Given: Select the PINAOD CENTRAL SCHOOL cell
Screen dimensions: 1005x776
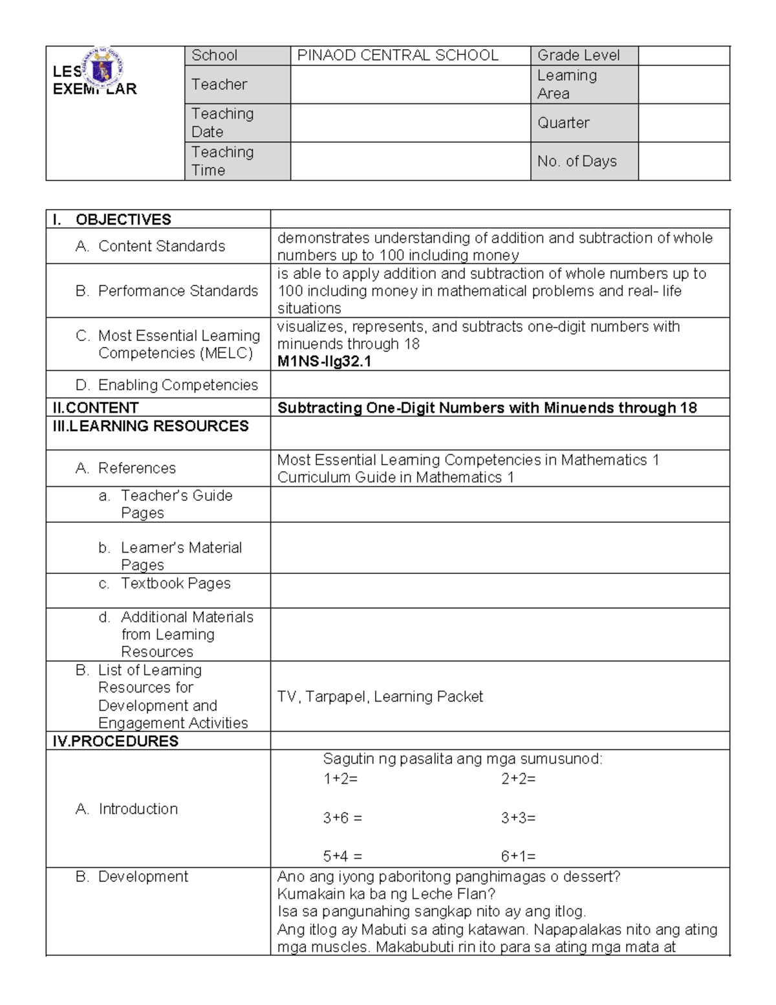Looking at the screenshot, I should coord(397,56).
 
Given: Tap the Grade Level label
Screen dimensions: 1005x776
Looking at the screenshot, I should coord(578,56).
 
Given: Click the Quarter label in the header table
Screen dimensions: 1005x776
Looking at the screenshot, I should coord(563,123).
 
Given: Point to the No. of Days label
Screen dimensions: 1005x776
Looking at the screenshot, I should coord(577,161).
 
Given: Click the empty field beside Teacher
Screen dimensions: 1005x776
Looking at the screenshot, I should coord(410,85).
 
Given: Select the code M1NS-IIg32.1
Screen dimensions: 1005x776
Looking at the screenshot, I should coord(324,362).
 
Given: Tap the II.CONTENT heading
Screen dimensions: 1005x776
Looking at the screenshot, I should coord(96,408).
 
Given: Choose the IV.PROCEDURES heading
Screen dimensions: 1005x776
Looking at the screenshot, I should coord(116,741).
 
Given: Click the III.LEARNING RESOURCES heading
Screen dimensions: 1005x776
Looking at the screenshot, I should coord(151,426).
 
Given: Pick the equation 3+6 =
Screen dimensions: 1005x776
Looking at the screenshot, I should coord(342,818).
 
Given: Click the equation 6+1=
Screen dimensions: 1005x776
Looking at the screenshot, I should coord(518,856).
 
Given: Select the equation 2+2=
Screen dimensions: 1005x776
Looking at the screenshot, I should coord(518,779).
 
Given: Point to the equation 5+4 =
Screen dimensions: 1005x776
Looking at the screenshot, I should coord(342,856).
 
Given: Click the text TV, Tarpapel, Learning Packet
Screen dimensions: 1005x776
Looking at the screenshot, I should coord(380,696).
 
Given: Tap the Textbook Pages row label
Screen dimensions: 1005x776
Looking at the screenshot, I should coord(175,583).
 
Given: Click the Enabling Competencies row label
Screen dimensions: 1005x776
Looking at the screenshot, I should coord(177,385).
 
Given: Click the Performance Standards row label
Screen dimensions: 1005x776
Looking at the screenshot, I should coord(177,291).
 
